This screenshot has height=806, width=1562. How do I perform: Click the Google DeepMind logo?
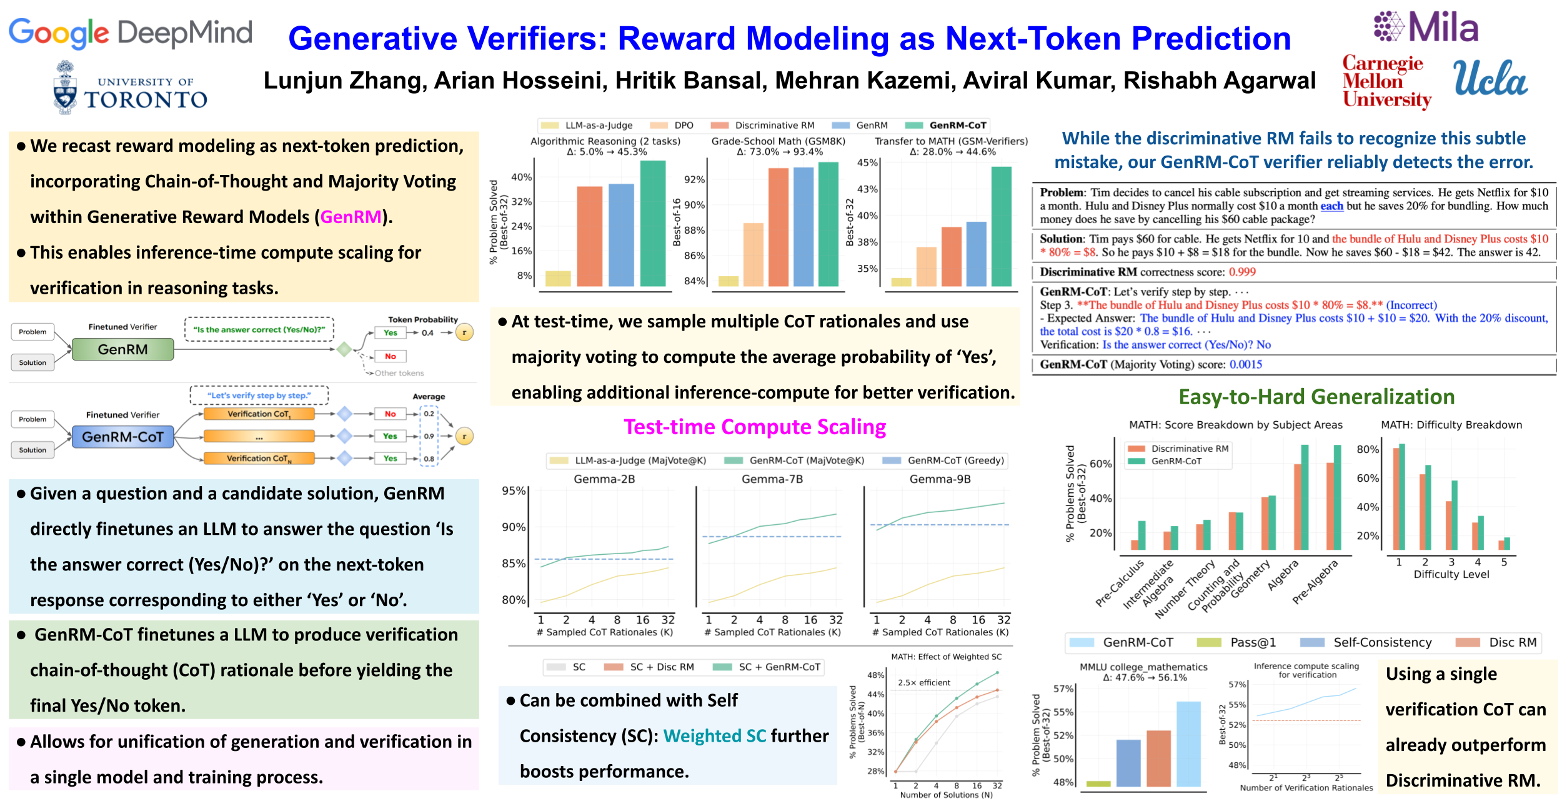pos(130,32)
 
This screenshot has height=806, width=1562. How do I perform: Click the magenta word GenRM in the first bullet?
pos(351,217)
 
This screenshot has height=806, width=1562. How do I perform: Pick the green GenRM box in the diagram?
pos(122,349)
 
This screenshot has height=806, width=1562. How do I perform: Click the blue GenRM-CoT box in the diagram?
pos(122,437)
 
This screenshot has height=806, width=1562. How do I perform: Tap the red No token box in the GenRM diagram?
pos(390,356)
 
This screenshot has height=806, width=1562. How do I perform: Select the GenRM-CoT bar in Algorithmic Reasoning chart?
pos(653,223)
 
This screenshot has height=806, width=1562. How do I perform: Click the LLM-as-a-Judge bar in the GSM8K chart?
pos(728,281)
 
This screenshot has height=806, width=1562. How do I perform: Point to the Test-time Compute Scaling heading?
pos(755,427)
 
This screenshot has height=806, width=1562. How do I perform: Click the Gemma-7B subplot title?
pos(772,479)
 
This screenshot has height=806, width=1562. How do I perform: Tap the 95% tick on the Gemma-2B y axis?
pos(514,491)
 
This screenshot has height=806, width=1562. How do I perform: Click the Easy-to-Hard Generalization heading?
pos(1316,397)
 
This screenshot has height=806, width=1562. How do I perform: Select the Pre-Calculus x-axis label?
pos(1120,583)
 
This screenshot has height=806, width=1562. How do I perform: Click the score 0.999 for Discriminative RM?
pos(1242,272)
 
